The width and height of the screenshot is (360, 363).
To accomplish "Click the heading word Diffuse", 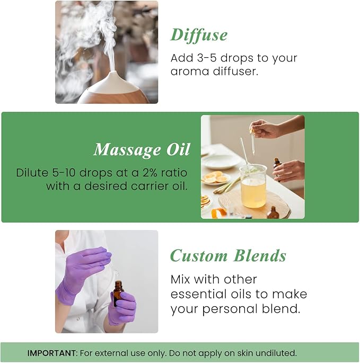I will (x=199, y=35).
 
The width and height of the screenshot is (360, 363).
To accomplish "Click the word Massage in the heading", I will (x=126, y=150).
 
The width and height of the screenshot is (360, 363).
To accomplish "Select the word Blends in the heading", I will (x=258, y=256).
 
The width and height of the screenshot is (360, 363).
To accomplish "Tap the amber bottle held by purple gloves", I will (x=118, y=293).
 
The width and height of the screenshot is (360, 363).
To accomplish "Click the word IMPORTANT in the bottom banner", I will (x=51, y=353).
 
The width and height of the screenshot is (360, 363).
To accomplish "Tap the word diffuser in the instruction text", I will (x=233, y=71).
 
